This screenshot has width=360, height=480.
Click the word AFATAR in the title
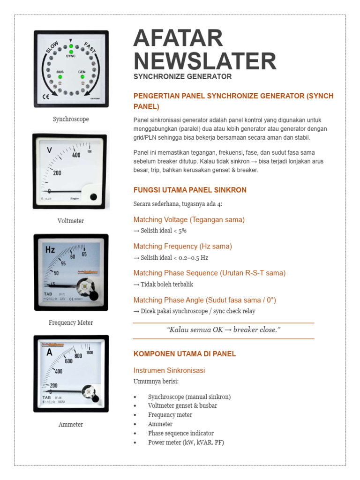point(178,38)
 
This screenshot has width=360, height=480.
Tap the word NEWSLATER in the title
point(205,61)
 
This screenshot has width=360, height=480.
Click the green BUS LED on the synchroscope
point(60,76)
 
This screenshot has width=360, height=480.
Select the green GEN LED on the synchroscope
point(82,76)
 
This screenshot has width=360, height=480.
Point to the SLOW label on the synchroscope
point(52,47)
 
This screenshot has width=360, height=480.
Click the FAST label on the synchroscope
point(90,47)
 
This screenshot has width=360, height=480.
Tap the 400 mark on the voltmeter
point(76,155)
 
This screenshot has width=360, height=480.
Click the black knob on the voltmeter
point(93,197)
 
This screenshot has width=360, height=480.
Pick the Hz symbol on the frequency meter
point(50,249)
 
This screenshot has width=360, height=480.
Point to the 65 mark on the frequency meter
point(84,254)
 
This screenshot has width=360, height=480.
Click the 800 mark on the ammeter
point(78,356)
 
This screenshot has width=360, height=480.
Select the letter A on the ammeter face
point(49,352)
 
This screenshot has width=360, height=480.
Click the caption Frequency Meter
point(71,322)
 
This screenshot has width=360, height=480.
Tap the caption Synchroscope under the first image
point(71,119)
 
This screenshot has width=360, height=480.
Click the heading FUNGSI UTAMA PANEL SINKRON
point(190,190)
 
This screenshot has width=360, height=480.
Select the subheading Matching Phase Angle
point(169,300)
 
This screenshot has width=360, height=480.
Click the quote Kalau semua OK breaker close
point(224,330)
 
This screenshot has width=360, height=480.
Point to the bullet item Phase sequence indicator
point(181,433)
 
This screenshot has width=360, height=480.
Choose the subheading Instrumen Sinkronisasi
point(169,370)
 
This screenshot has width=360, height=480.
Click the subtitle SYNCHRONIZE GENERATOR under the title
point(182,76)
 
